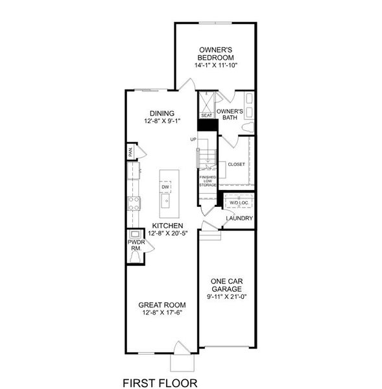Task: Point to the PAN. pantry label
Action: pos(130,152)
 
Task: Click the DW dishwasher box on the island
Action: pos(165,187)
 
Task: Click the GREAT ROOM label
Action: pos(163,305)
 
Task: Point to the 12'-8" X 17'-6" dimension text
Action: pos(163,314)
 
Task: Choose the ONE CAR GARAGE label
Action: pos(227,285)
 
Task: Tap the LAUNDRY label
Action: pos(239,218)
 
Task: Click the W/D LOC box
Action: pos(238,202)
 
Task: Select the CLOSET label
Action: pos(236,165)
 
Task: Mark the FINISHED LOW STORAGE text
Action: pos(208,181)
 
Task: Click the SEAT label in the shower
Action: pos(206,115)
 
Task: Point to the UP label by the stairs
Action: pos(193,139)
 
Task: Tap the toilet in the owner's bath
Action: pos(245,128)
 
